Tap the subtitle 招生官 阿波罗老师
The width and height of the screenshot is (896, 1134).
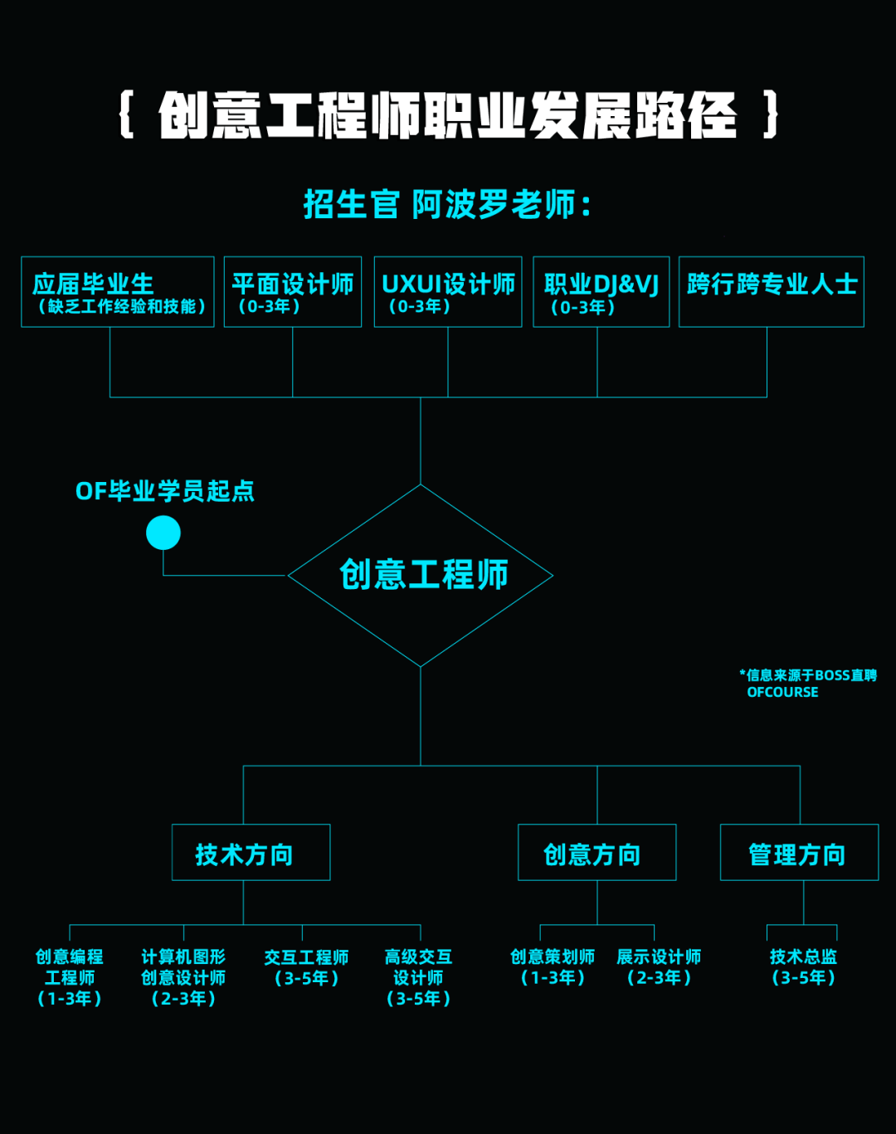click(x=448, y=204)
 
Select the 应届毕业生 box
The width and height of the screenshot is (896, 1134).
click(x=118, y=292)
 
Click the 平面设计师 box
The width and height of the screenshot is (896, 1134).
click(x=293, y=292)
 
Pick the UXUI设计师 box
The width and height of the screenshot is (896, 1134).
click(x=448, y=292)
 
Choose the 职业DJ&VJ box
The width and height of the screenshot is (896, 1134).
click(x=601, y=292)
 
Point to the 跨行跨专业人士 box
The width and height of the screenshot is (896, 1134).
click(x=772, y=292)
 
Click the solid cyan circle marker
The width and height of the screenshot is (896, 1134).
click(x=163, y=533)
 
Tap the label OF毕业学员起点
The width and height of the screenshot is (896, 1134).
click(x=165, y=491)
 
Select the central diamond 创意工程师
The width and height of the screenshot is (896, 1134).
click(x=421, y=575)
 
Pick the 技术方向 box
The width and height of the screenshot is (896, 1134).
click(x=251, y=853)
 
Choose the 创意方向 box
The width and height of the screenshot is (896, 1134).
click(x=597, y=853)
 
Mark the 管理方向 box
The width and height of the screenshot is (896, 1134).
click(x=799, y=853)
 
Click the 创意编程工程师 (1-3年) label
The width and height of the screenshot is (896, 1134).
click(x=70, y=977)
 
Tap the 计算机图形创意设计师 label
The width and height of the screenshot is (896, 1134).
click(x=183, y=977)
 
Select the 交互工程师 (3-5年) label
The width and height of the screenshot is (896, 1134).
click(x=306, y=967)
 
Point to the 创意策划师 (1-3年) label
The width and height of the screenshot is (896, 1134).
click(x=553, y=967)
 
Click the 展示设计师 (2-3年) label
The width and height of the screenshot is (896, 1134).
click(x=659, y=967)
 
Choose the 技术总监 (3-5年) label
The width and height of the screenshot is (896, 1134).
click(x=803, y=967)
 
